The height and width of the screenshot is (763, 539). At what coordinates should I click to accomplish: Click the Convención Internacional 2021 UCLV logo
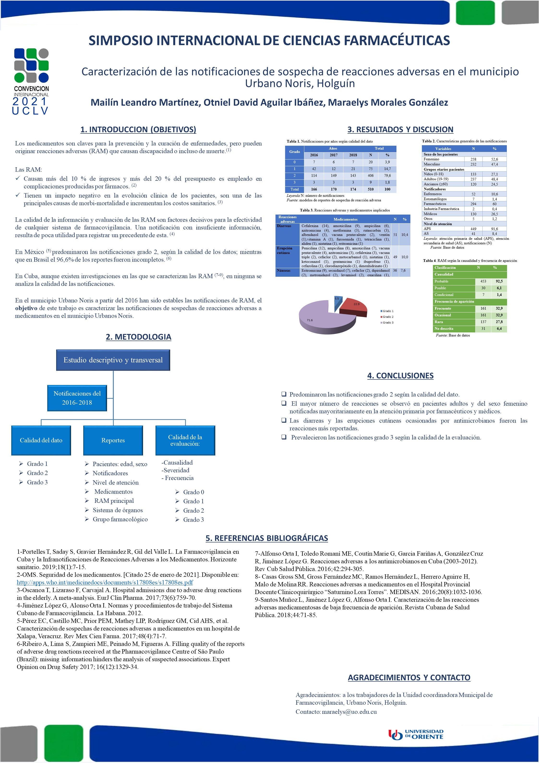point(31,81)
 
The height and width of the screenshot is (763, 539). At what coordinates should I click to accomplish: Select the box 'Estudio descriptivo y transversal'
point(113,360)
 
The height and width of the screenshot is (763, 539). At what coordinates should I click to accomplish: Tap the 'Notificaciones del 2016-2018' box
point(77,398)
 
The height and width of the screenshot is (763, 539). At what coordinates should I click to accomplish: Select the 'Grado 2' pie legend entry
point(388,317)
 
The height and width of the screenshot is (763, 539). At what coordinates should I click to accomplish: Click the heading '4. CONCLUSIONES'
point(400,376)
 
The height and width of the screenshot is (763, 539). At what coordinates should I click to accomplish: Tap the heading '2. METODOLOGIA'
point(138,337)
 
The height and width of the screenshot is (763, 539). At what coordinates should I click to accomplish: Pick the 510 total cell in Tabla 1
point(371,189)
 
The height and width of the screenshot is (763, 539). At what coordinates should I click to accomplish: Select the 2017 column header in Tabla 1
point(333,155)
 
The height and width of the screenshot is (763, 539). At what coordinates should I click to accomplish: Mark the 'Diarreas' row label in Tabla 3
point(284,226)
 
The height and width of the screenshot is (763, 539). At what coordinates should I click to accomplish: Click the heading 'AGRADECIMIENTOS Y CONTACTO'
point(409,677)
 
